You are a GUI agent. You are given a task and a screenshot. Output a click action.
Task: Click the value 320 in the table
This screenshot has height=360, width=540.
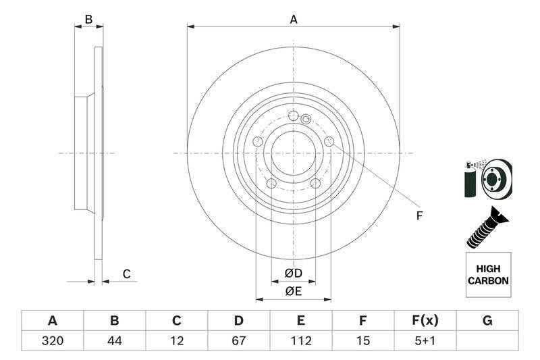(53, 340)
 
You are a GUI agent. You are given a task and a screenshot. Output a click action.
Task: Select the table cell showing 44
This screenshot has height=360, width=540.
(114, 340)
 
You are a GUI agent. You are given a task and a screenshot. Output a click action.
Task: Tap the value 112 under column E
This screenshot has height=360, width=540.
(300, 340)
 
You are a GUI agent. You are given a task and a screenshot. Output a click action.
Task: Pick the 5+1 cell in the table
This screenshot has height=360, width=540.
(425, 340)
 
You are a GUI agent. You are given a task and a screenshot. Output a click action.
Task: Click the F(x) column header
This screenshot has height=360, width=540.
(425, 321)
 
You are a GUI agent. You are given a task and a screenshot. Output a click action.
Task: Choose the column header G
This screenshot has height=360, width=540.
(487, 321)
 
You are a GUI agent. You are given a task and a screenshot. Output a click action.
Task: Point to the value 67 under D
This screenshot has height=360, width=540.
(238, 340)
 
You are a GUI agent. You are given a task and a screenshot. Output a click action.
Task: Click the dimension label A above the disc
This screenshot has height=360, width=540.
(294, 20)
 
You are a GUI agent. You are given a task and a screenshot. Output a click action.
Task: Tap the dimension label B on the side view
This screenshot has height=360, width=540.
(88, 20)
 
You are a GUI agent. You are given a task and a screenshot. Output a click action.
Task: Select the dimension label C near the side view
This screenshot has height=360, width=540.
(127, 274)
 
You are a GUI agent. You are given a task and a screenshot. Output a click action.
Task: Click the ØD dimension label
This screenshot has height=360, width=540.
(294, 273)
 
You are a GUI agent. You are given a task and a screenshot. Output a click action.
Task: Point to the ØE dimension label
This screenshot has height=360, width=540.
(294, 292)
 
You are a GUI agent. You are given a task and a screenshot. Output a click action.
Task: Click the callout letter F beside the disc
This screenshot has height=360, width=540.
(419, 216)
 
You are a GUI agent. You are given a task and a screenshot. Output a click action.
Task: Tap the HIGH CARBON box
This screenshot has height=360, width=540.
(488, 275)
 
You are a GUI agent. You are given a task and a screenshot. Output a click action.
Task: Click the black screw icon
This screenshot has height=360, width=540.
(487, 228)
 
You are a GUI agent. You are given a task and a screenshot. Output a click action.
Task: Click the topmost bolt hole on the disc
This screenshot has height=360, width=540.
(294, 115)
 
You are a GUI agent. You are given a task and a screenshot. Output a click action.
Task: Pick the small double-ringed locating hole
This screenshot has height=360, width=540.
(306, 119)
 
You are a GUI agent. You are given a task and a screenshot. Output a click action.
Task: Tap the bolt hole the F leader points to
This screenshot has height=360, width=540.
(329, 141)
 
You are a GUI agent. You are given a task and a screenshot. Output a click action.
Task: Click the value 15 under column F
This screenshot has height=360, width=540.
(362, 340)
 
